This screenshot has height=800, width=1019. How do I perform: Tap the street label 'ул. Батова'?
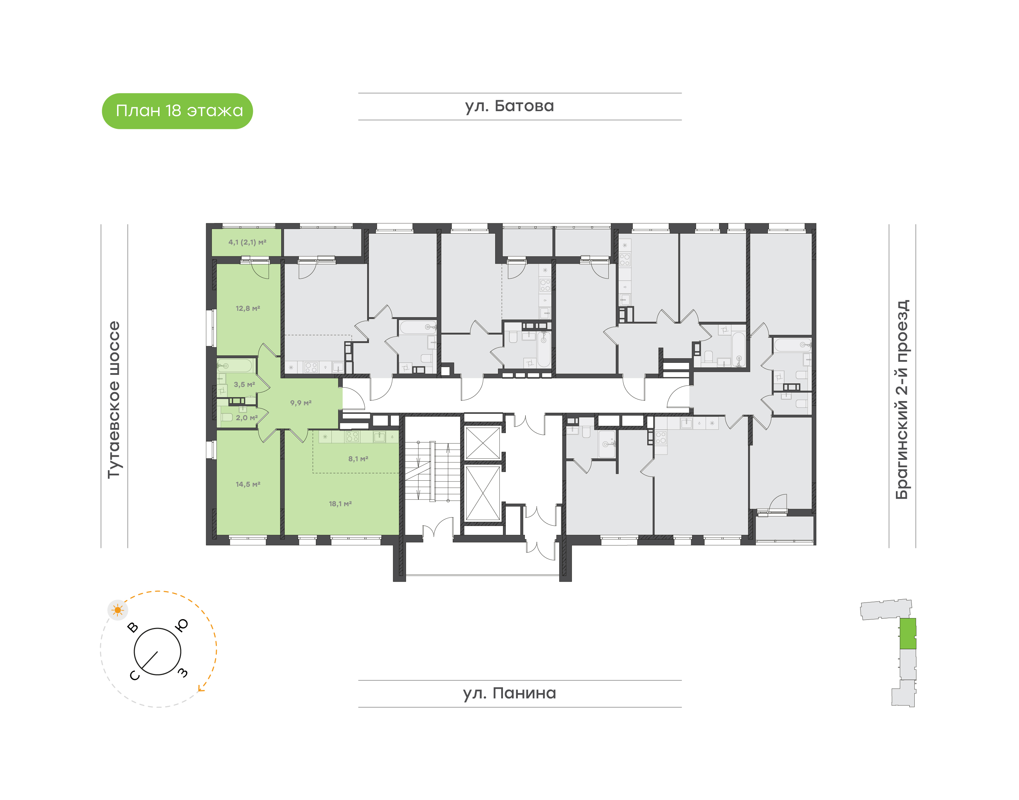coord(509,106)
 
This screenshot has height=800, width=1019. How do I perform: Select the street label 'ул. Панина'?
coord(509,693)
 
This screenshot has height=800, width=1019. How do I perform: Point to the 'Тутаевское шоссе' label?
coord(114,400)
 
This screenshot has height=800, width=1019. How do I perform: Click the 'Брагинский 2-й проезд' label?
coord(902,400)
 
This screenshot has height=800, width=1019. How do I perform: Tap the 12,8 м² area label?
coord(248,308)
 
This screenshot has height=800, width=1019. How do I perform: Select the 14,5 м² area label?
coord(248,484)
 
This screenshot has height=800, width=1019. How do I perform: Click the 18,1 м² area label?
coord(340,503)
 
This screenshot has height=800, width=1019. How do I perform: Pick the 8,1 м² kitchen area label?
coord(358,458)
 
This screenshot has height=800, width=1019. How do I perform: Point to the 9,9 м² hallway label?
coord(301,402)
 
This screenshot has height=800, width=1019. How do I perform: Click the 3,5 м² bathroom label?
coord(244,384)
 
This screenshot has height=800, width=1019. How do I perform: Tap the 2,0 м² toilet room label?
coord(247,417)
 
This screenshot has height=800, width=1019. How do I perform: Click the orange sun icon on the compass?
coord(117,610)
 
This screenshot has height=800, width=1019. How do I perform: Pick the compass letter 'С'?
coord(134,675)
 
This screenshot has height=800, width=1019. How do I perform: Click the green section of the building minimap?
coord(908,634)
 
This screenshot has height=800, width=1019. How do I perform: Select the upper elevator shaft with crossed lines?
coord(483,443)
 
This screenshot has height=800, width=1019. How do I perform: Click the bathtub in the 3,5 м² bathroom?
coord(235,365)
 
